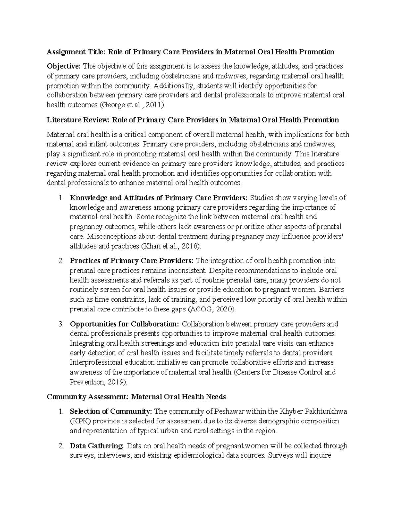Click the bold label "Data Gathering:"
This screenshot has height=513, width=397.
[97, 446]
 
